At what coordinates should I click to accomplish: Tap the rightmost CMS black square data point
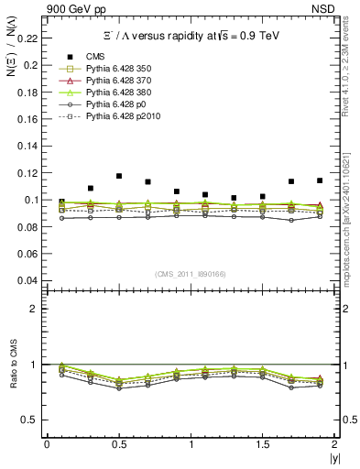[320, 180]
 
